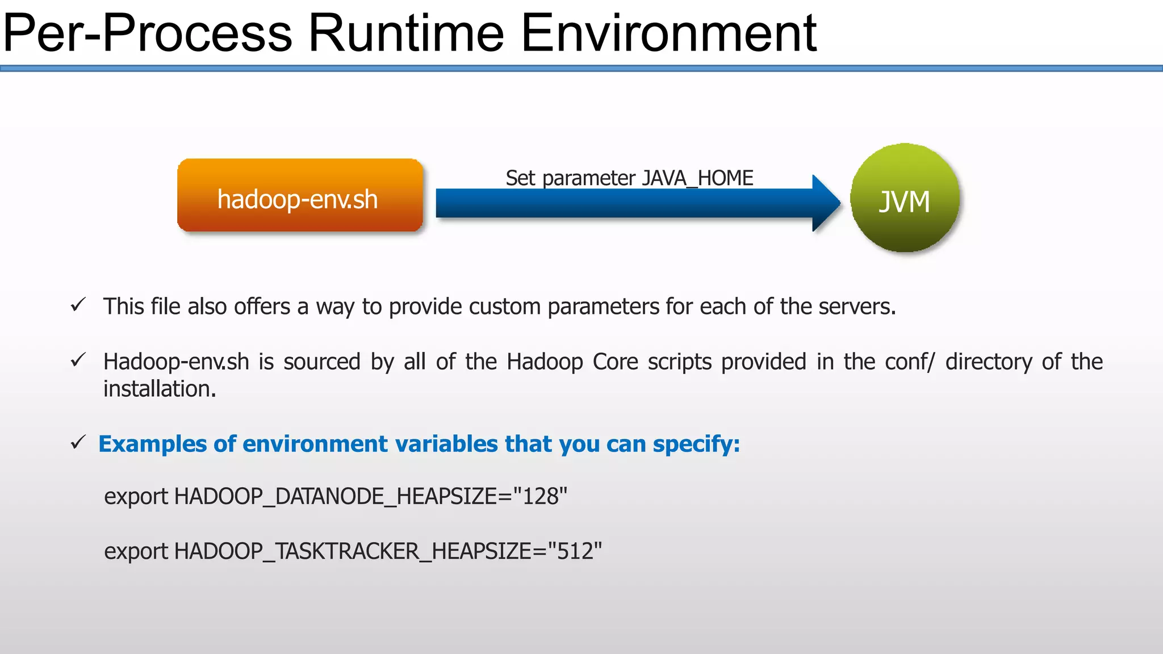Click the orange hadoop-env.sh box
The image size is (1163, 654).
(x=300, y=196)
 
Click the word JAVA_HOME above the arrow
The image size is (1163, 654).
(x=697, y=178)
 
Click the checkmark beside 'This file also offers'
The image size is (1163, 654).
(x=78, y=305)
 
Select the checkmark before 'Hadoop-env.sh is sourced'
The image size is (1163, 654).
(x=78, y=360)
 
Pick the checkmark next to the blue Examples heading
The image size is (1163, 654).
(x=78, y=442)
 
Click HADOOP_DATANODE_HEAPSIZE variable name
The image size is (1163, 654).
(x=335, y=497)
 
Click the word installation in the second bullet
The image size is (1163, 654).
(x=159, y=389)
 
